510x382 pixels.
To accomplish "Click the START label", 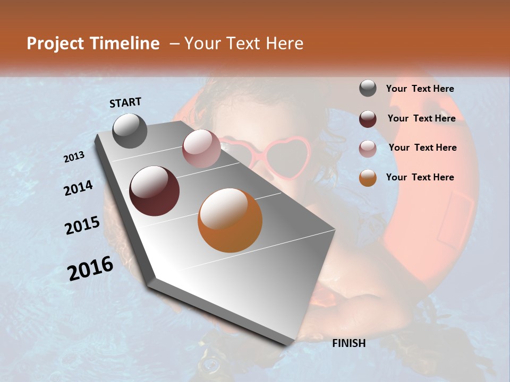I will pyautogui.click(x=125, y=102).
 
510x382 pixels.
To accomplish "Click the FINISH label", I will pyautogui.click(x=349, y=343).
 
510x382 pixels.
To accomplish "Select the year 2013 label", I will pyautogui.click(x=74, y=157).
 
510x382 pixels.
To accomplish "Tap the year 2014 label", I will pyautogui.click(x=79, y=188).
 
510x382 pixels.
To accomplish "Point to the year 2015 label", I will pyautogui.click(x=82, y=225).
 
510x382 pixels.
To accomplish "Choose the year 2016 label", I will pyautogui.click(x=90, y=268).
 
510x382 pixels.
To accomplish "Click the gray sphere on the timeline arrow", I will pyautogui.click(x=130, y=131).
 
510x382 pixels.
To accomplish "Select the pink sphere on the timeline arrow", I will pyautogui.click(x=201, y=149).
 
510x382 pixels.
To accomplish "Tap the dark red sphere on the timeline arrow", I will pyautogui.click(x=154, y=191).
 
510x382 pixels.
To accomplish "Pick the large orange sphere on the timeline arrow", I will pyautogui.click(x=230, y=220).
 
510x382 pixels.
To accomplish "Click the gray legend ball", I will pyautogui.click(x=368, y=89).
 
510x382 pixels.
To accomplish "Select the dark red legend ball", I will pyautogui.click(x=368, y=119).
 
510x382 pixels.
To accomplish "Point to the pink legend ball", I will pyautogui.click(x=368, y=149).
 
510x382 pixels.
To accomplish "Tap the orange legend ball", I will pyautogui.click(x=368, y=178).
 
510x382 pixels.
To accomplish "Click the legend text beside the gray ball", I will pyautogui.click(x=420, y=89).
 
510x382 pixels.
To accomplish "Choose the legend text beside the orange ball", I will pyautogui.click(x=420, y=177).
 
